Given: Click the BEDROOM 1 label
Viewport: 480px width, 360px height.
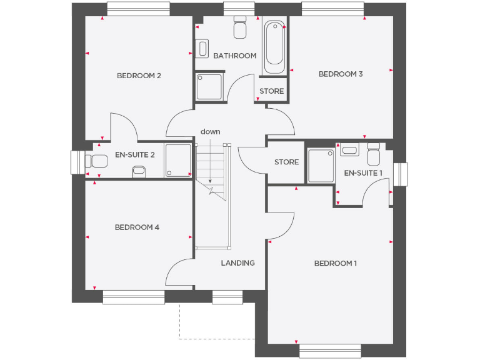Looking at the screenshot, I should pos(335,263).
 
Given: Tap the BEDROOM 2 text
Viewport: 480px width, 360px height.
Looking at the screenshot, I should pos(139,76).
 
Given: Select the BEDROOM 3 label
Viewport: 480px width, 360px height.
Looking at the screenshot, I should pos(341,74).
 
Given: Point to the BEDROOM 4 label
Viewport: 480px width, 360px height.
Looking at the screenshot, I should pos(137,227).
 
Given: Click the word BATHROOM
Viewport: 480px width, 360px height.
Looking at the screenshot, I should pos(234,56).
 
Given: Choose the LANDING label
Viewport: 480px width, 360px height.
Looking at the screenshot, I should pos(237,262).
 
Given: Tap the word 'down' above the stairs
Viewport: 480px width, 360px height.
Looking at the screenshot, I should pos(210,131).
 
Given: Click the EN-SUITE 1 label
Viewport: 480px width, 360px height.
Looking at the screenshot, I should pos(363,172).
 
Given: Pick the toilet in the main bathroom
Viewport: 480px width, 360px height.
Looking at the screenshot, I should pos(240,29).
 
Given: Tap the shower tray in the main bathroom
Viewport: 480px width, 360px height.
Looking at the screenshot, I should pos(209,87).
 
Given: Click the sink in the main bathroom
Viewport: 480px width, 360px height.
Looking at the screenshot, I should pos(202,48).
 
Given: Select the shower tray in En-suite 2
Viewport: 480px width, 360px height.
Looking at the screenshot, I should pos(178,161).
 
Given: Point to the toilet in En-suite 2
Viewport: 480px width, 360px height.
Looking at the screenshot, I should pos(98,161).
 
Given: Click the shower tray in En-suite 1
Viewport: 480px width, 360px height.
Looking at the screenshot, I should pos(321,166).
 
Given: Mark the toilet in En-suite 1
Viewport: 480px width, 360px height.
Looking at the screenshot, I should pos(374,154).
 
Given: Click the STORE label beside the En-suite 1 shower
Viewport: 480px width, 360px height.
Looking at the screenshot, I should pos(286,162).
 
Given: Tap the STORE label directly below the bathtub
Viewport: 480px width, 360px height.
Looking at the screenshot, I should pos(271,91).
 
